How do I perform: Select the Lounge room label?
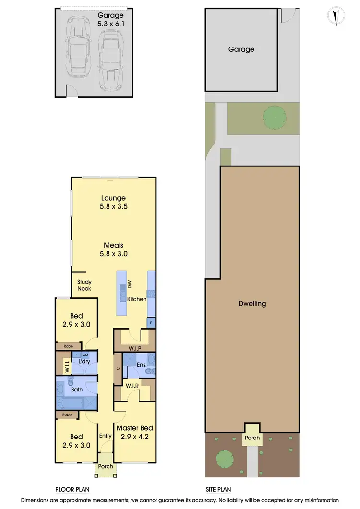coord(113,198)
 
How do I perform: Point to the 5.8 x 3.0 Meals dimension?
coord(113,254)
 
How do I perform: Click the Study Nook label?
coord(84,285)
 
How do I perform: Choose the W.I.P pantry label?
coord(134,348)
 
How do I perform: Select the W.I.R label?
coord(132,386)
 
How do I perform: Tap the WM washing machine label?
coord(85,355)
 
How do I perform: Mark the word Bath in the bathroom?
coord(77,390)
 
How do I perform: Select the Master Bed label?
coord(133,428)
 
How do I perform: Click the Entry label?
coord(105,436)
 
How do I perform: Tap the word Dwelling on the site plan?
coord(252,304)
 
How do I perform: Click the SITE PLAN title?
coord(218,490)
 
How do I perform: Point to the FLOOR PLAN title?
coord(72,490)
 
